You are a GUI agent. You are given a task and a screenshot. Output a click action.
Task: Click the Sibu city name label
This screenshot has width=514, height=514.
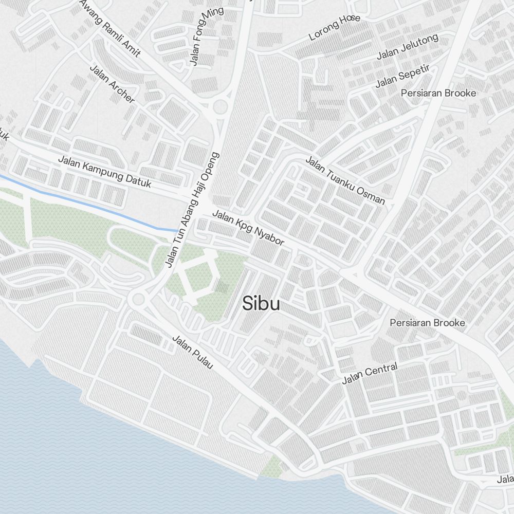tap(261, 304)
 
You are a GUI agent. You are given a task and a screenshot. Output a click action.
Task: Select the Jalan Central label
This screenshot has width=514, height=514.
tap(370, 374)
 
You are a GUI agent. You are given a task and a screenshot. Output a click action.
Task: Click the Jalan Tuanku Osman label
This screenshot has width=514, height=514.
tap(345, 180)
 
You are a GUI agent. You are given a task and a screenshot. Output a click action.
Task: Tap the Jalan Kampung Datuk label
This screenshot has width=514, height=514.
tap(104, 171)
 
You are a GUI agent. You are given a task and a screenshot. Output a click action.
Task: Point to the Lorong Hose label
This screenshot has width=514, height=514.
tap(335, 28)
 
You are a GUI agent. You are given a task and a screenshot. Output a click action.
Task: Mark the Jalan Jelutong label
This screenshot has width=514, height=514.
tap(408, 46)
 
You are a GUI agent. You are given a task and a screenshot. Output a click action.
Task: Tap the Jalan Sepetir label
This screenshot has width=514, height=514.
tap(402, 76)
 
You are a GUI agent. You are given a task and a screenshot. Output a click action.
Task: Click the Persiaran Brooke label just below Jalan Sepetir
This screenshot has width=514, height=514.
tap(438, 93)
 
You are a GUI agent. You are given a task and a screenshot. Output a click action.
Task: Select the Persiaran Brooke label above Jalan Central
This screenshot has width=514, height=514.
tap(427, 323)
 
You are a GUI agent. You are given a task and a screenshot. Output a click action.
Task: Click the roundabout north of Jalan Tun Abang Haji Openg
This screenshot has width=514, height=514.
tap(220, 107)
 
